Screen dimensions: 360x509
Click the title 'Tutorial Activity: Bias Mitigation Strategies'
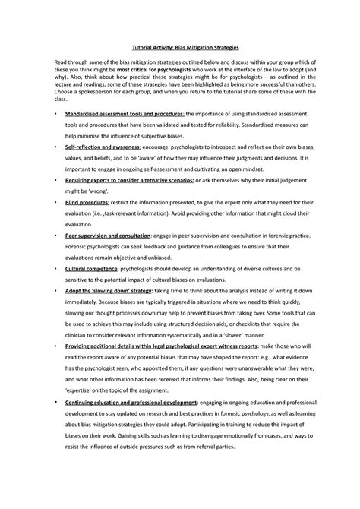[179, 46]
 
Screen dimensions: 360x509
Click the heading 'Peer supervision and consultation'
[108, 236]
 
